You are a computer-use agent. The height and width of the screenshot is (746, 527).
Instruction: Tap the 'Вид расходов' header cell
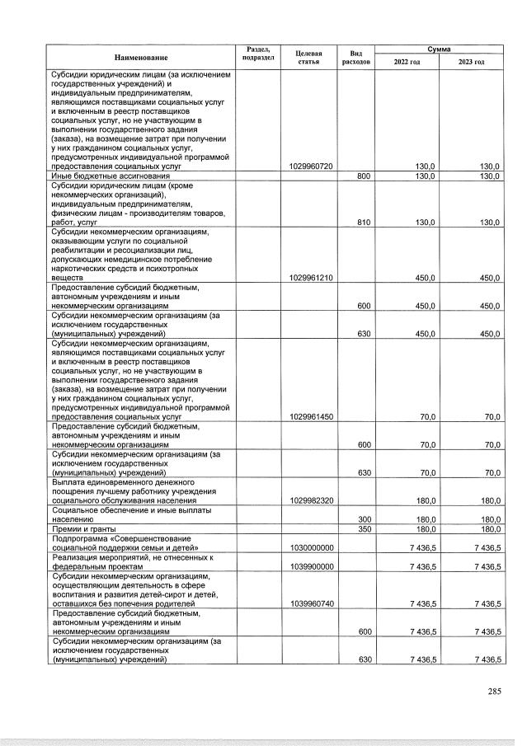point(356,57)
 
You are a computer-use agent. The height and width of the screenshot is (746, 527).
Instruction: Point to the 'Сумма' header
point(439,49)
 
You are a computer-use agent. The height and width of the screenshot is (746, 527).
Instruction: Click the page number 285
point(494,691)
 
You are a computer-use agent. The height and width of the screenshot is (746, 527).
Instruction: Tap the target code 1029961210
point(312,278)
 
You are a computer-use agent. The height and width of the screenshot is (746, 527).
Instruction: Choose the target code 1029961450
point(312,417)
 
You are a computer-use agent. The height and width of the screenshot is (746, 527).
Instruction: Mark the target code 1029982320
point(312,500)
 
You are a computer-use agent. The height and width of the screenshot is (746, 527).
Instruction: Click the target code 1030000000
point(312,547)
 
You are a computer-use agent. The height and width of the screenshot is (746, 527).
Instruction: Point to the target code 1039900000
point(312,567)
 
